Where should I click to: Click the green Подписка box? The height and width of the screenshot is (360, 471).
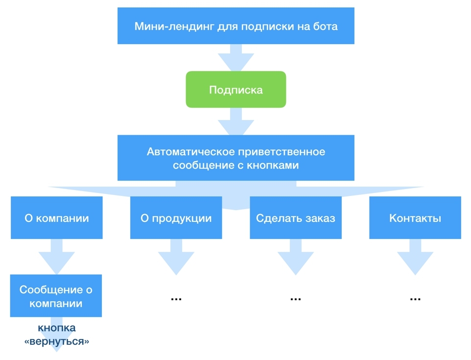236,90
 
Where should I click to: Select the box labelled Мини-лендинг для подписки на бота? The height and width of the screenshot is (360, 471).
236,26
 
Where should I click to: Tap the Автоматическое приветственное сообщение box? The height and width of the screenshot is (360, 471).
236,158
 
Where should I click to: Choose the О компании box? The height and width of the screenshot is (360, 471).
57,217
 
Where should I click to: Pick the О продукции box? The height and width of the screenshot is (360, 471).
176,217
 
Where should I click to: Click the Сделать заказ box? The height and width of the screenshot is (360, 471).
296,217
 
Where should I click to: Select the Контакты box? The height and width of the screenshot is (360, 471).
415,217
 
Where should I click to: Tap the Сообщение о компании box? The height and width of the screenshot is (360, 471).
56,296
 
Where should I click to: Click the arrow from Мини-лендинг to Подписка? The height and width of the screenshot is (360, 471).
236,58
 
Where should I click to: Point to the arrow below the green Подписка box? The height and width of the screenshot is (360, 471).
236,121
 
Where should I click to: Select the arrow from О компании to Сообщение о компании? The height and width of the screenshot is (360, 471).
57,257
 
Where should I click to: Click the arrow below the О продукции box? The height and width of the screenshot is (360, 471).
176,257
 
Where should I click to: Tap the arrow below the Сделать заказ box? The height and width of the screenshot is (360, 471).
296,257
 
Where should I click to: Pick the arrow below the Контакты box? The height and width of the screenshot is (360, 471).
415,257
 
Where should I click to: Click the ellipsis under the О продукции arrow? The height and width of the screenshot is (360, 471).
176,299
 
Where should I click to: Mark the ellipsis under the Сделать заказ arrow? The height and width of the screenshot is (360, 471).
296,299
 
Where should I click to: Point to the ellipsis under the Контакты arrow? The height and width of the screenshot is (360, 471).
415,299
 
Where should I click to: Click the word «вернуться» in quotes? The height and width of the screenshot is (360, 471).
57,341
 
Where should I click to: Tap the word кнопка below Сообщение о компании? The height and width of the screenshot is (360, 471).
57,328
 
